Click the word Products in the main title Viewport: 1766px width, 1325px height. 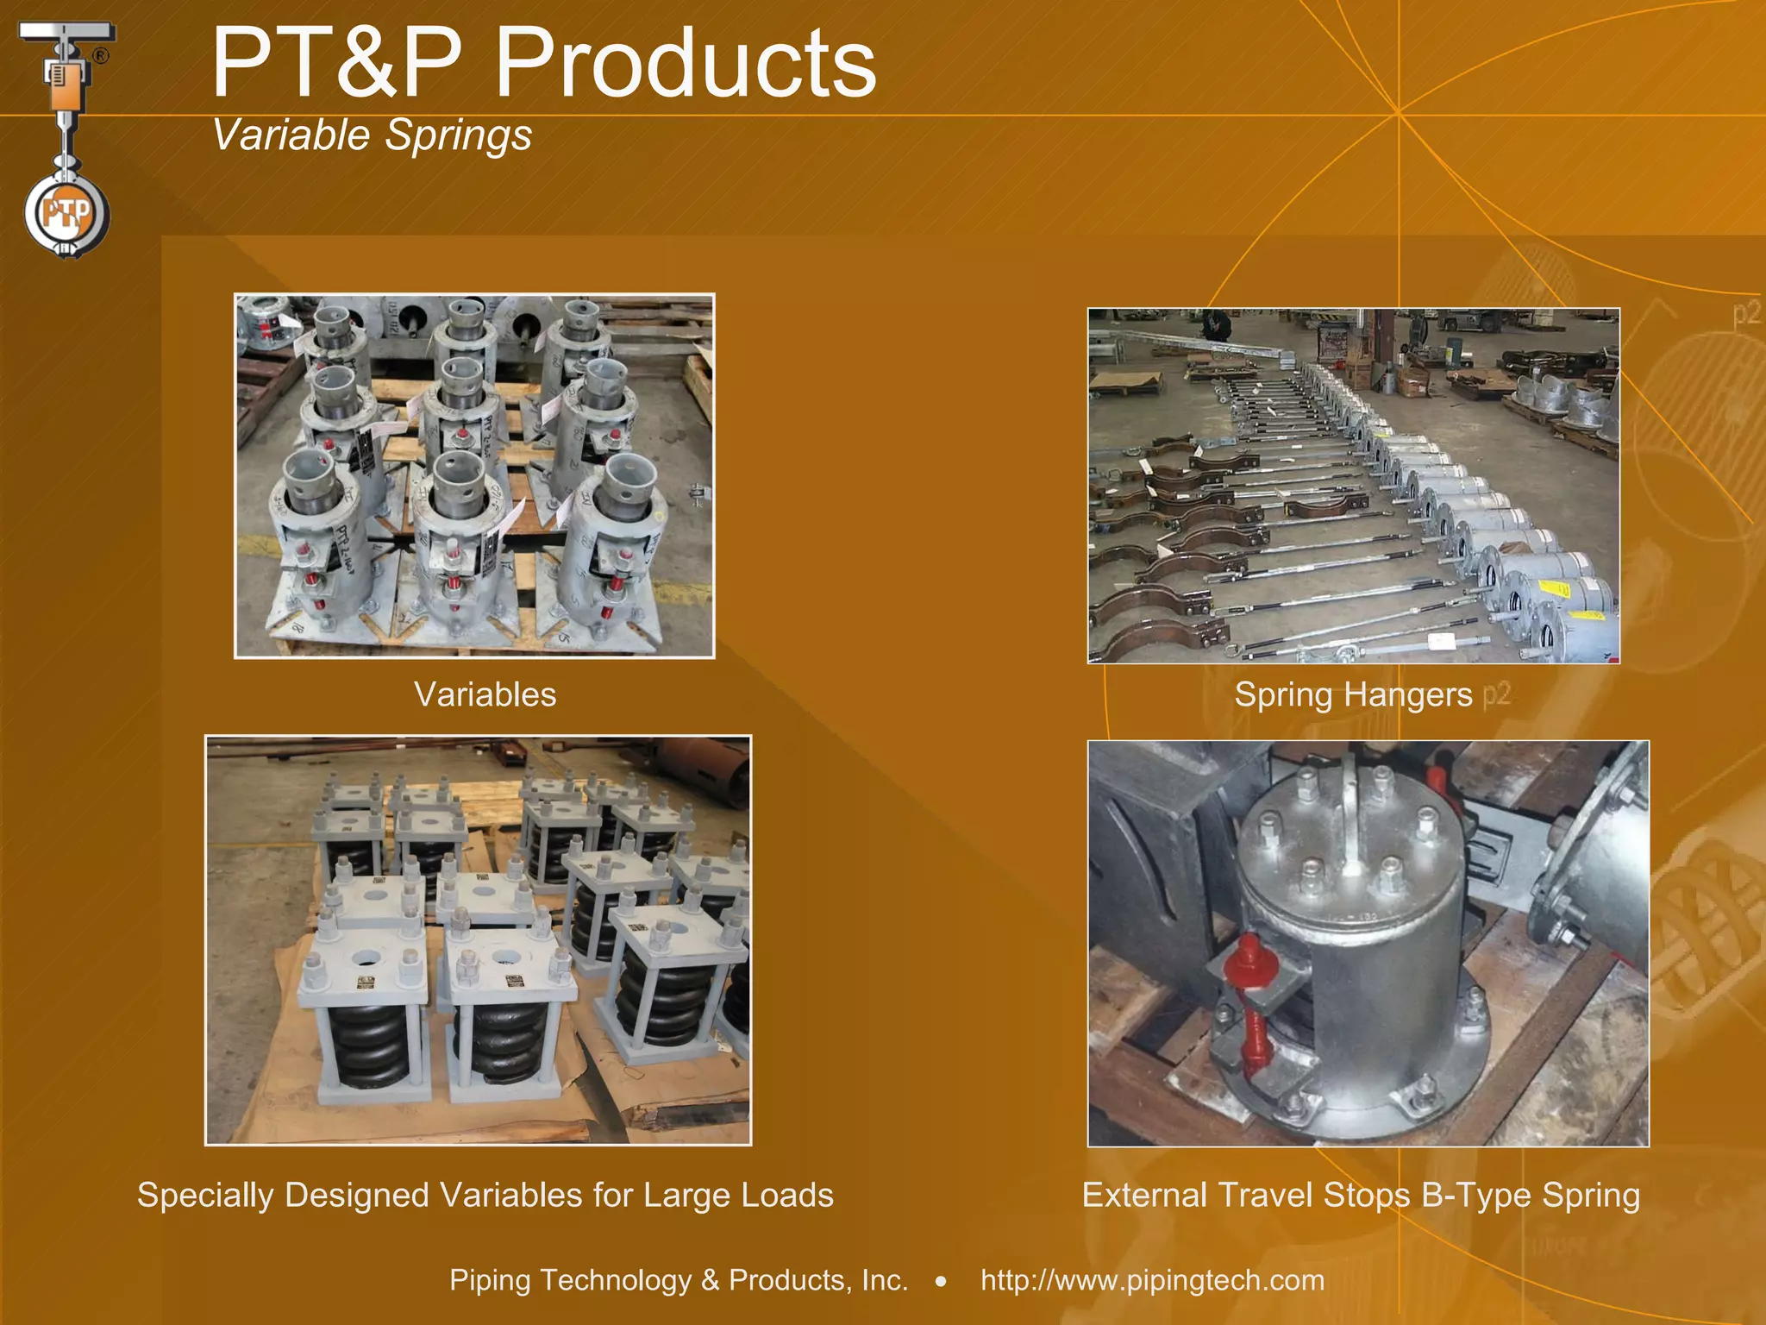coord(686,62)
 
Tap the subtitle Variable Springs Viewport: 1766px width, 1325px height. coord(372,135)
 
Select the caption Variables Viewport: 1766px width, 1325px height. coord(485,694)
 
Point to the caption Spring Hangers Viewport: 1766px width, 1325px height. coord(1353,694)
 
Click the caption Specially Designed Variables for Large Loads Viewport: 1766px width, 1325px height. coord(485,1195)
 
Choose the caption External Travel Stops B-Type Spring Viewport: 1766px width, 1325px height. coord(1361,1195)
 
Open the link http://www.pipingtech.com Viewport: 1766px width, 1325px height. coord(1152,1279)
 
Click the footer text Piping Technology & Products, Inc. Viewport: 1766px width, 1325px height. coord(679,1279)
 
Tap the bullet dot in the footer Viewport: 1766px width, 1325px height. coord(942,1282)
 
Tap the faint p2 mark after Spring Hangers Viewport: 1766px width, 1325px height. coord(1497,694)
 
